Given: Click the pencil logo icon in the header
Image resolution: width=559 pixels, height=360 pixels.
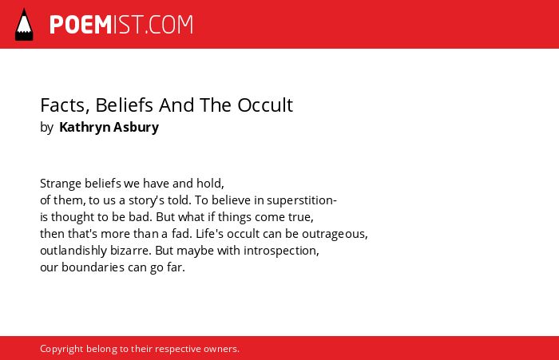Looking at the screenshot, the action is click(24, 25).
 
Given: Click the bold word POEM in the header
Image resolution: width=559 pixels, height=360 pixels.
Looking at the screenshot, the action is click(81, 25).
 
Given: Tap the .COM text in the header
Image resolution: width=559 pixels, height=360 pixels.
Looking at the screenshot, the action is click(169, 25).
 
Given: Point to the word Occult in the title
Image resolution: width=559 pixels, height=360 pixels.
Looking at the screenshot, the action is click(265, 105).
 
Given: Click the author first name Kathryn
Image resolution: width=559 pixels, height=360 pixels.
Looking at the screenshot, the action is click(85, 128).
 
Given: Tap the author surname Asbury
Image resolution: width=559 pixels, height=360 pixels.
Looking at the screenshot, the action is click(137, 128).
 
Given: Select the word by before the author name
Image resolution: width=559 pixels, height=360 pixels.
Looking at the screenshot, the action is click(46, 128).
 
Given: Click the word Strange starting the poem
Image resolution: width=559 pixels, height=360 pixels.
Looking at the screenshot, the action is click(61, 184).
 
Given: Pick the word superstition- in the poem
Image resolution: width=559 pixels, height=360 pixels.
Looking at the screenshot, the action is click(302, 200).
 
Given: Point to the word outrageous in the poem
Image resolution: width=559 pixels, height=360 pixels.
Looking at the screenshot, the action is click(335, 234).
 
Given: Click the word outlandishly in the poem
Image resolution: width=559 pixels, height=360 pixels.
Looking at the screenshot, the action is click(73, 251).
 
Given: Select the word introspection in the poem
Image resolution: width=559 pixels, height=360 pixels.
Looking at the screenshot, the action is click(281, 251).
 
